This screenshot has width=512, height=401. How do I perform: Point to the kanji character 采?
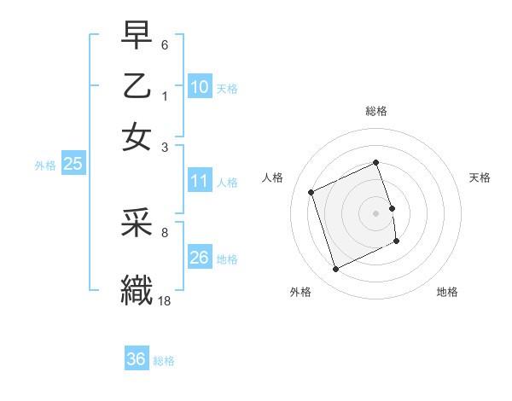click(x=137, y=225)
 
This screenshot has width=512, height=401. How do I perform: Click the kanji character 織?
click(x=137, y=288)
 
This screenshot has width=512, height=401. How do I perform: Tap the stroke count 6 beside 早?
click(x=166, y=44)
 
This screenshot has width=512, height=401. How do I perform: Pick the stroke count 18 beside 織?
click(x=165, y=299)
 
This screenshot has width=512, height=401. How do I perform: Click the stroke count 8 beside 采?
click(x=165, y=231)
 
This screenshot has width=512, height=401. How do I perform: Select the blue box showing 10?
click(x=200, y=86)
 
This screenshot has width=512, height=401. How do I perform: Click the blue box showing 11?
click(x=200, y=180)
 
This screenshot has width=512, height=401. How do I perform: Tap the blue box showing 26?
click(x=200, y=257)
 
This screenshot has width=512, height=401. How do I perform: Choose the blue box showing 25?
click(x=73, y=164)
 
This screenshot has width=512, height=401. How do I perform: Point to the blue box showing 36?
click(x=137, y=359)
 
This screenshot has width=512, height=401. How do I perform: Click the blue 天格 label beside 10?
click(x=227, y=89)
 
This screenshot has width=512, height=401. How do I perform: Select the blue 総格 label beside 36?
click(x=164, y=361)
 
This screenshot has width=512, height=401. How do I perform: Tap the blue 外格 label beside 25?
click(x=45, y=166)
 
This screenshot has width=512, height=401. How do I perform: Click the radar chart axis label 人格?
click(x=273, y=177)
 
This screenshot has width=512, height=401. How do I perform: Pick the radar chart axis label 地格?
click(x=447, y=292)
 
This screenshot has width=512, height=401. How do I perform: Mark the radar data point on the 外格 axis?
click(x=335, y=270)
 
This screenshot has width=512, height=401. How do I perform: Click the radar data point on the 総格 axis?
click(x=375, y=163)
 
